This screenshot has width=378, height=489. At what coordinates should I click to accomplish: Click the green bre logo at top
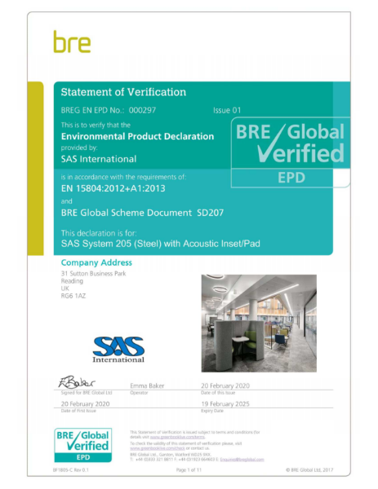tap(72, 42)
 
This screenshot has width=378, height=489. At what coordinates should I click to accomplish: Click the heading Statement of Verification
tap(123, 92)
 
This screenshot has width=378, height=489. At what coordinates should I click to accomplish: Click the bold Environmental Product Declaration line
tap(137, 137)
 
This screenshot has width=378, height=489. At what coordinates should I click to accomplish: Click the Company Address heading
tap(96, 262)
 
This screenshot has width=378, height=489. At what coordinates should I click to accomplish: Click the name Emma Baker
tap(149, 385)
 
